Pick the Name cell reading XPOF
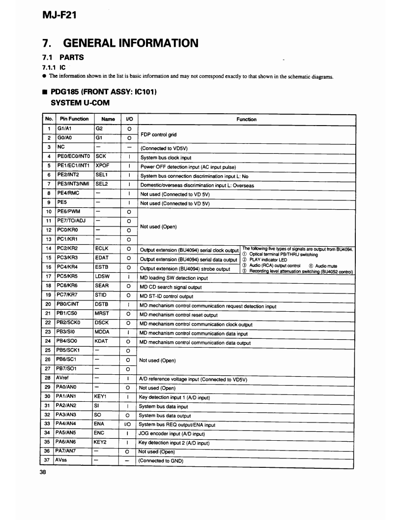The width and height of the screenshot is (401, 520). (103, 166)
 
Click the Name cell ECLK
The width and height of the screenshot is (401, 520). (102, 249)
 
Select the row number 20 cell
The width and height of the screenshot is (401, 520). (48, 304)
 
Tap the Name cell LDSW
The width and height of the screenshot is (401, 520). (102, 276)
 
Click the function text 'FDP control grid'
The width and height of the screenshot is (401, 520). (158, 134)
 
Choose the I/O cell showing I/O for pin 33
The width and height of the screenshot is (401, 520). (128, 423)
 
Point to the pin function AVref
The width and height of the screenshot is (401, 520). (64, 378)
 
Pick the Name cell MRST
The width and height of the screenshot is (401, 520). (102, 314)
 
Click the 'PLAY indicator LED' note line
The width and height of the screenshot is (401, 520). (268, 260)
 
